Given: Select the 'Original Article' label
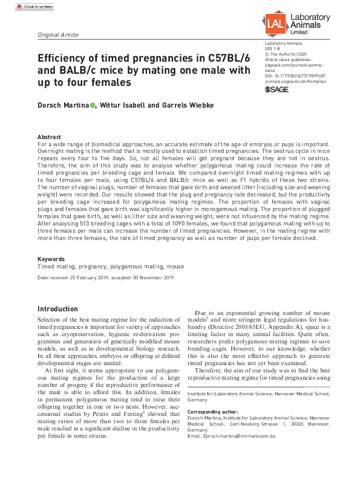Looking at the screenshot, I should click(58, 35).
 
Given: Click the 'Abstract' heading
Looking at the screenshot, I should click(49, 137).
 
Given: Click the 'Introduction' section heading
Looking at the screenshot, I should click(57, 309).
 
